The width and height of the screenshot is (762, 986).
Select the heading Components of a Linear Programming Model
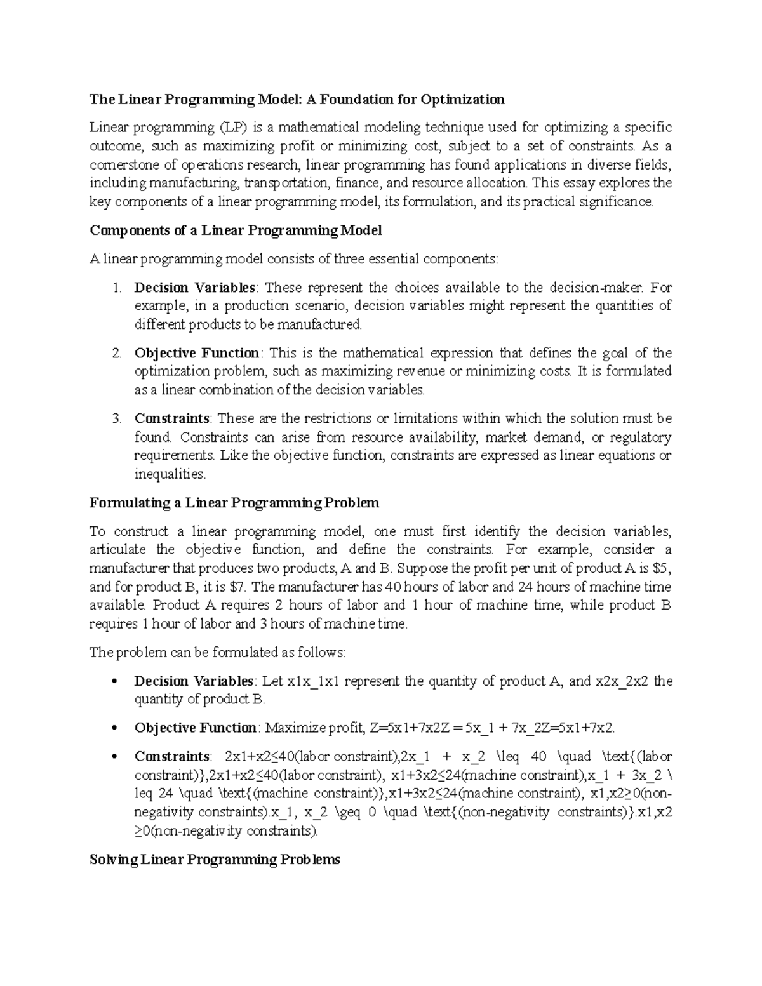(x=236, y=230)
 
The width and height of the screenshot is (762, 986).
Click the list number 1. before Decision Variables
(x=116, y=287)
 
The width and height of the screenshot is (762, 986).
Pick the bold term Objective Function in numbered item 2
(x=197, y=353)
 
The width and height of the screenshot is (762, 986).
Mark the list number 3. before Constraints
(x=116, y=418)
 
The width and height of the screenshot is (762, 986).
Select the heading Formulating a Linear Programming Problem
(x=234, y=503)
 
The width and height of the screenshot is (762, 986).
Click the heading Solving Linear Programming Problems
(x=215, y=860)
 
